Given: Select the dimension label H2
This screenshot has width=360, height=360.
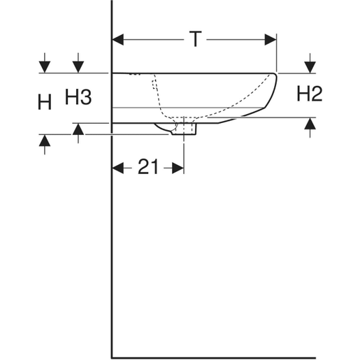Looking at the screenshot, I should pos(309,94).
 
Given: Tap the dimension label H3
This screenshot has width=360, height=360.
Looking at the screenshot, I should pos(78,97).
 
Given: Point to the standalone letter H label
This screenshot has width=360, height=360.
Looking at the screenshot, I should pos(45,103).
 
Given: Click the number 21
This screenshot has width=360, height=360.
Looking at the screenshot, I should pos(147,166).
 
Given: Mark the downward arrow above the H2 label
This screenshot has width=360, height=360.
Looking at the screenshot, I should pos(309,66).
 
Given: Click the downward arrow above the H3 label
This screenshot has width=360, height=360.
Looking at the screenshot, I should pos(78,66).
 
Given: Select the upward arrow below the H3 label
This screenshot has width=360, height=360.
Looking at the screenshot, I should pos(78,129).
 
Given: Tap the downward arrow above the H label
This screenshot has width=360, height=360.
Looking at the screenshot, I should pos(45,66).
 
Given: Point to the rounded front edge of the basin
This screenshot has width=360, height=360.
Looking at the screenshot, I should pos(275,91).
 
